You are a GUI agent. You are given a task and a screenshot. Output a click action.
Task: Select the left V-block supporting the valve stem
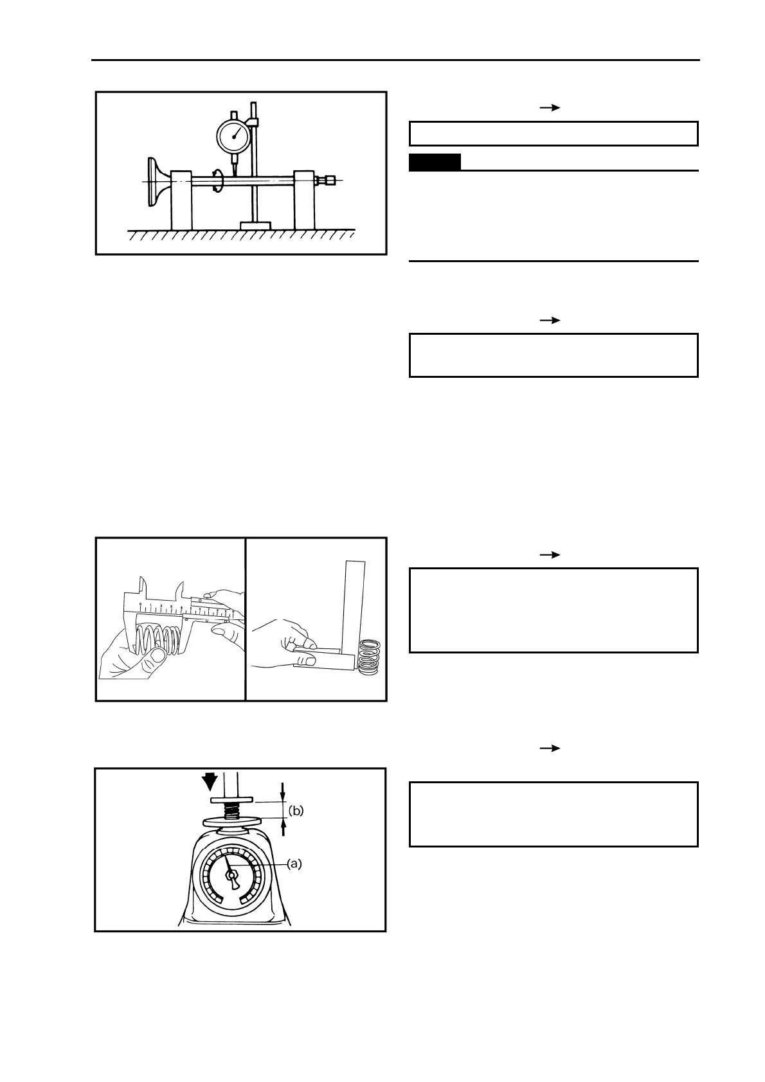(x=181, y=200)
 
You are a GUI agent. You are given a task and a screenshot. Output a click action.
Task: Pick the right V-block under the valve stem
(x=304, y=200)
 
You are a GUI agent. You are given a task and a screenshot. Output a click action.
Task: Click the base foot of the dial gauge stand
(x=255, y=226)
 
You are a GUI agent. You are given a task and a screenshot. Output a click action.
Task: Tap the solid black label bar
(x=435, y=163)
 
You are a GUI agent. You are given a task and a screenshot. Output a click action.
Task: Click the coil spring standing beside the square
(x=369, y=656)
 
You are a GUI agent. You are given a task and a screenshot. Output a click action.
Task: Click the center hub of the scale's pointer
(x=231, y=874)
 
